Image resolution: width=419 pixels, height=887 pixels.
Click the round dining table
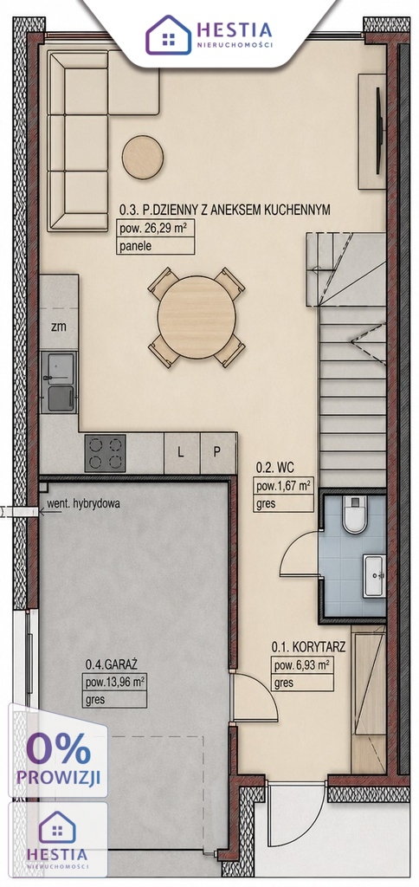click(x=197, y=317)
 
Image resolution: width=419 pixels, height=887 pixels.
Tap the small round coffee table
click(x=143, y=158)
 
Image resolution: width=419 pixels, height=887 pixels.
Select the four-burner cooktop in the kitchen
click(x=105, y=452)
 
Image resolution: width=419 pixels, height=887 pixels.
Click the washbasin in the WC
click(x=374, y=575)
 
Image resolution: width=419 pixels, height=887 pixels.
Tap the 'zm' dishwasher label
click(x=58, y=327)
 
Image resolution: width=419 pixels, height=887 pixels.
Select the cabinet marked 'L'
click(x=181, y=452)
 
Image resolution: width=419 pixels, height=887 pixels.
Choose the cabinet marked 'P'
click(x=217, y=452)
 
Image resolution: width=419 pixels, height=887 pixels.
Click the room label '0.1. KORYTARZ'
click(x=308, y=646)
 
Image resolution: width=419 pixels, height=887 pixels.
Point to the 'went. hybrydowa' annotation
click(x=83, y=503)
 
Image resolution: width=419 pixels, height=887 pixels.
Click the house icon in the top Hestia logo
click(x=168, y=35)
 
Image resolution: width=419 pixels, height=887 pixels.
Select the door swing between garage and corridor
click(x=255, y=697)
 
